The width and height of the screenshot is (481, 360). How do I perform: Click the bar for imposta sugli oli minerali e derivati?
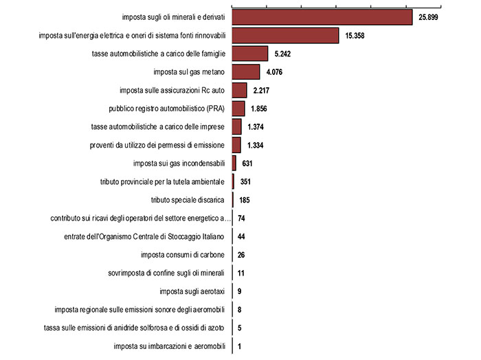(x=322, y=17)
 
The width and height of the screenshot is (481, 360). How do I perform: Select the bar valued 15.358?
(x=286, y=35)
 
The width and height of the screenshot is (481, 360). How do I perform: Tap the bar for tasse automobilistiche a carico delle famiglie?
(x=250, y=54)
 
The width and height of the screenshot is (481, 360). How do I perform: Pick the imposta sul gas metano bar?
(x=246, y=71)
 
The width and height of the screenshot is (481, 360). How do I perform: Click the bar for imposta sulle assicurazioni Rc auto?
(x=240, y=90)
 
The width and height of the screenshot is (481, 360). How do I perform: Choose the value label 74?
(x=242, y=218)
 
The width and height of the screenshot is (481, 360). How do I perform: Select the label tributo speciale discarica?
(x=188, y=200)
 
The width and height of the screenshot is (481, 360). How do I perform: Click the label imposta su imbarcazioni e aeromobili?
(x=170, y=346)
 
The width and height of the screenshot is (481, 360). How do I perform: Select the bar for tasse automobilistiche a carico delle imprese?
(x=237, y=126)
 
